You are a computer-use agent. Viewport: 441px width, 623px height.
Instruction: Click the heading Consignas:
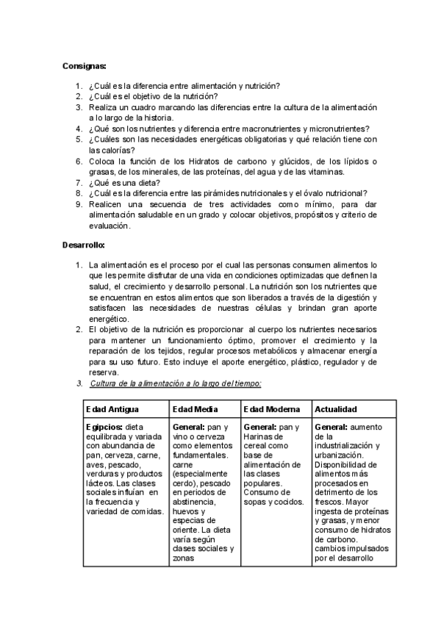85,66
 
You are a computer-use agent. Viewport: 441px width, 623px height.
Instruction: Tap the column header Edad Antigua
112,409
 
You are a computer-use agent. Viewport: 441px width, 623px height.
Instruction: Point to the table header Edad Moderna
271,409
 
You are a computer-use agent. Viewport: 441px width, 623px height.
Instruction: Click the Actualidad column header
336,409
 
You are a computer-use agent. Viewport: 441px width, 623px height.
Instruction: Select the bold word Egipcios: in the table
104,427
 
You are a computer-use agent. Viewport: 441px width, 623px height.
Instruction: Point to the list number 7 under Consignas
79,183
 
